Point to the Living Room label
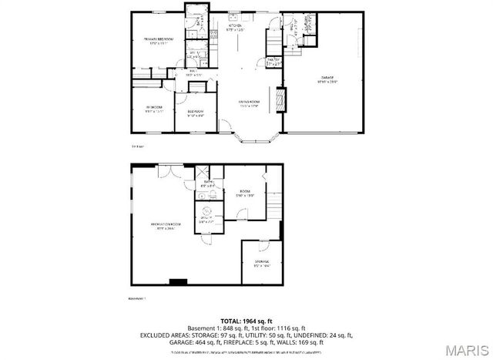tap(247, 103)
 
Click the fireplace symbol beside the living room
tap(280, 100)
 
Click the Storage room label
tap(262, 264)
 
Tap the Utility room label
tap(207, 219)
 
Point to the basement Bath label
tap(208, 183)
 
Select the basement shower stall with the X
tap(201, 173)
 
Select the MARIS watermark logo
tap(466, 349)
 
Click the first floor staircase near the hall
tap(275, 39)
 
